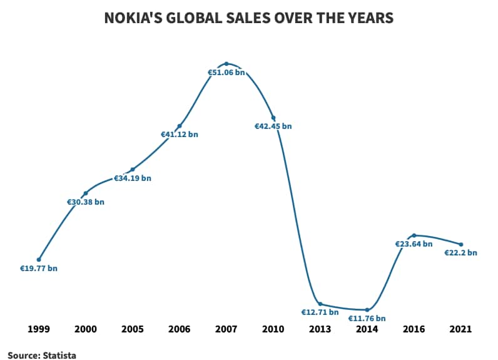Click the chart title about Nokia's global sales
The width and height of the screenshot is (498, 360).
click(248, 18)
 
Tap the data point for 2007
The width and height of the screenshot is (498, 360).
click(226, 63)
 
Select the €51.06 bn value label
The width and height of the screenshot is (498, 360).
click(226, 73)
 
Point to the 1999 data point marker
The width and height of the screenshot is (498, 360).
click(39, 259)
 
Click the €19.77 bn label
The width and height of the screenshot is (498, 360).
click(39, 269)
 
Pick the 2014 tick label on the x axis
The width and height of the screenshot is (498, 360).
click(367, 329)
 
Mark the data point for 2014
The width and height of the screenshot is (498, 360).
click(367, 310)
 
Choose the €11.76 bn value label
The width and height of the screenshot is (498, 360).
click(367, 319)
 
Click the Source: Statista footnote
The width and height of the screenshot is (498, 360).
click(42, 356)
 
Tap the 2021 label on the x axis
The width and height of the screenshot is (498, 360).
click(461, 329)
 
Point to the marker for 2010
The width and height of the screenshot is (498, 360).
click(273, 117)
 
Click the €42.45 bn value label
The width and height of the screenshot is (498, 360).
click(273, 126)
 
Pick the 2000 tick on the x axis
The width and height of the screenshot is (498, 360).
click(86, 329)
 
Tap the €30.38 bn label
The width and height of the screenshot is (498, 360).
click(86, 202)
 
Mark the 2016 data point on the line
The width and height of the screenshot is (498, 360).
click(414, 235)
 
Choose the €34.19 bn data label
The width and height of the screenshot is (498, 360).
click(133, 178)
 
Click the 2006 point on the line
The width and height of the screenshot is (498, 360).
click(180, 126)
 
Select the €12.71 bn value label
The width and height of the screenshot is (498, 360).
click(320, 312)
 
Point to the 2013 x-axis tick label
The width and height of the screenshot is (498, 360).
click(320, 329)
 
